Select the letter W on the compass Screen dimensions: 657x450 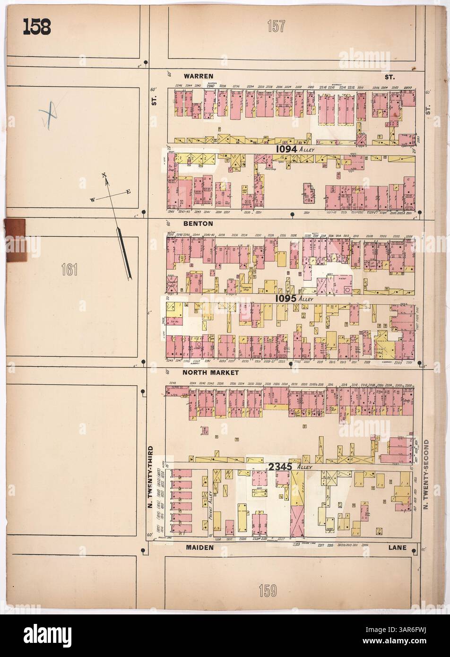pyautogui.click(x=93, y=200)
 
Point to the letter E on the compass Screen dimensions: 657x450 pyautogui.click(x=128, y=191)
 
